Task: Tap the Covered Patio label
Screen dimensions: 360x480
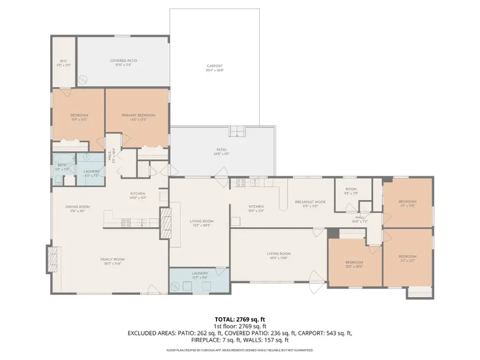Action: pos(124,61)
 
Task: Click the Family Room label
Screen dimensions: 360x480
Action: pos(113,260)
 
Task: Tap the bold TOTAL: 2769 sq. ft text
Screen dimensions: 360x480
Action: pos(239,318)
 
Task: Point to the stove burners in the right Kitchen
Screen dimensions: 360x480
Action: pos(241,182)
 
